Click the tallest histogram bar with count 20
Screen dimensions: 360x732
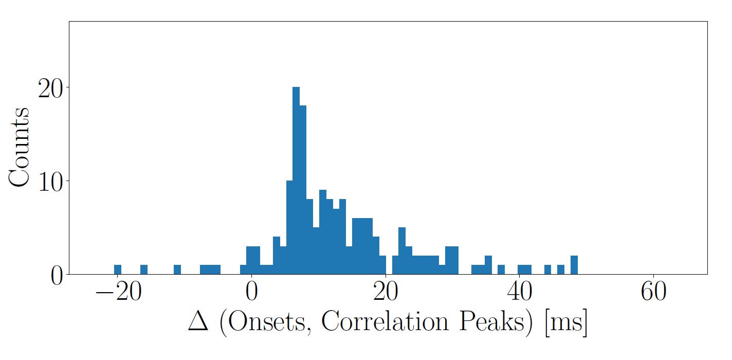click(x=296, y=181)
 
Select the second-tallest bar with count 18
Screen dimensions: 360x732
click(x=303, y=190)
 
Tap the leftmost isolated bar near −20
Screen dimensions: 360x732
click(x=118, y=269)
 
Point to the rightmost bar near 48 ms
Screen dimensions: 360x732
click(x=574, y=265)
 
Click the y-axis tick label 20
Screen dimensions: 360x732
click(x=51, y=88)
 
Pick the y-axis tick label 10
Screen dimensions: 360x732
click(x=51, y=181)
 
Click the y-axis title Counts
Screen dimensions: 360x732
click(x=19, y=148)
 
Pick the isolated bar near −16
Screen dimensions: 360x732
click(x=144, y=269)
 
